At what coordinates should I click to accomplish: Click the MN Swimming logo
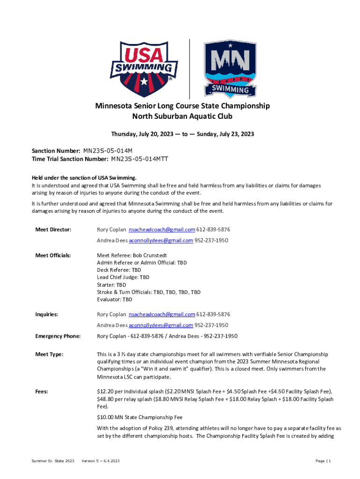click(230, 68)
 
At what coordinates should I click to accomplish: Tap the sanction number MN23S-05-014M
click(108, 151)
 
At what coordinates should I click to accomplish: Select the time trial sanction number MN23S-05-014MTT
click(139, 159)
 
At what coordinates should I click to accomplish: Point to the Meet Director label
click(53, 230)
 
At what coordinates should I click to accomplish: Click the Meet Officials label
click(53, 255)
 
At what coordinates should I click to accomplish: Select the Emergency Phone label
click(58, 336)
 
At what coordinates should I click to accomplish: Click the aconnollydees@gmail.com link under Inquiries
click(161, 325)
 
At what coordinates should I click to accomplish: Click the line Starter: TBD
click(111, 284)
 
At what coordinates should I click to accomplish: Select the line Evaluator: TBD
click(115, 299)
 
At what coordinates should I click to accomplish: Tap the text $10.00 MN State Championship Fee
click(139, 417)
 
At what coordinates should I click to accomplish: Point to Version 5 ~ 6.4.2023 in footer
click(101, 461)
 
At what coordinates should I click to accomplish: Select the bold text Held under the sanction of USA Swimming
click(84, 178)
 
